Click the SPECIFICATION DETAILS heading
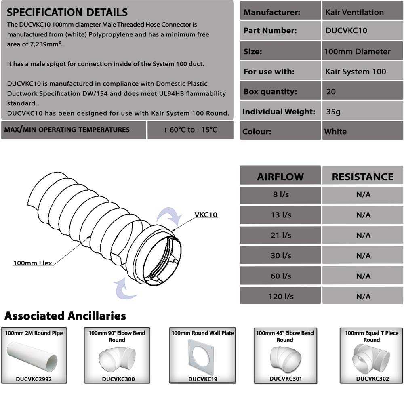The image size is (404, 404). point(67,13)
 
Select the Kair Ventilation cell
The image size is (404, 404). point(354,12)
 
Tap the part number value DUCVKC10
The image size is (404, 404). point(346,31)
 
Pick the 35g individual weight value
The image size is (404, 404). point(333,112)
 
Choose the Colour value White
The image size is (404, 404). point(335,131)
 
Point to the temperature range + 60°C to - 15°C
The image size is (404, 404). point(190,130)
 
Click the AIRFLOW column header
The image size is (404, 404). point(280,177)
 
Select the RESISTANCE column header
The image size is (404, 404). point(362,177)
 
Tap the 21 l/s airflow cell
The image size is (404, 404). point(280,235)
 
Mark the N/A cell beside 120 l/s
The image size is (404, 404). point(363,296)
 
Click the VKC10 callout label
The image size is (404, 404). point(206,215)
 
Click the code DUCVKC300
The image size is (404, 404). point(118,379)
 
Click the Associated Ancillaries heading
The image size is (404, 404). point(65,316)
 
